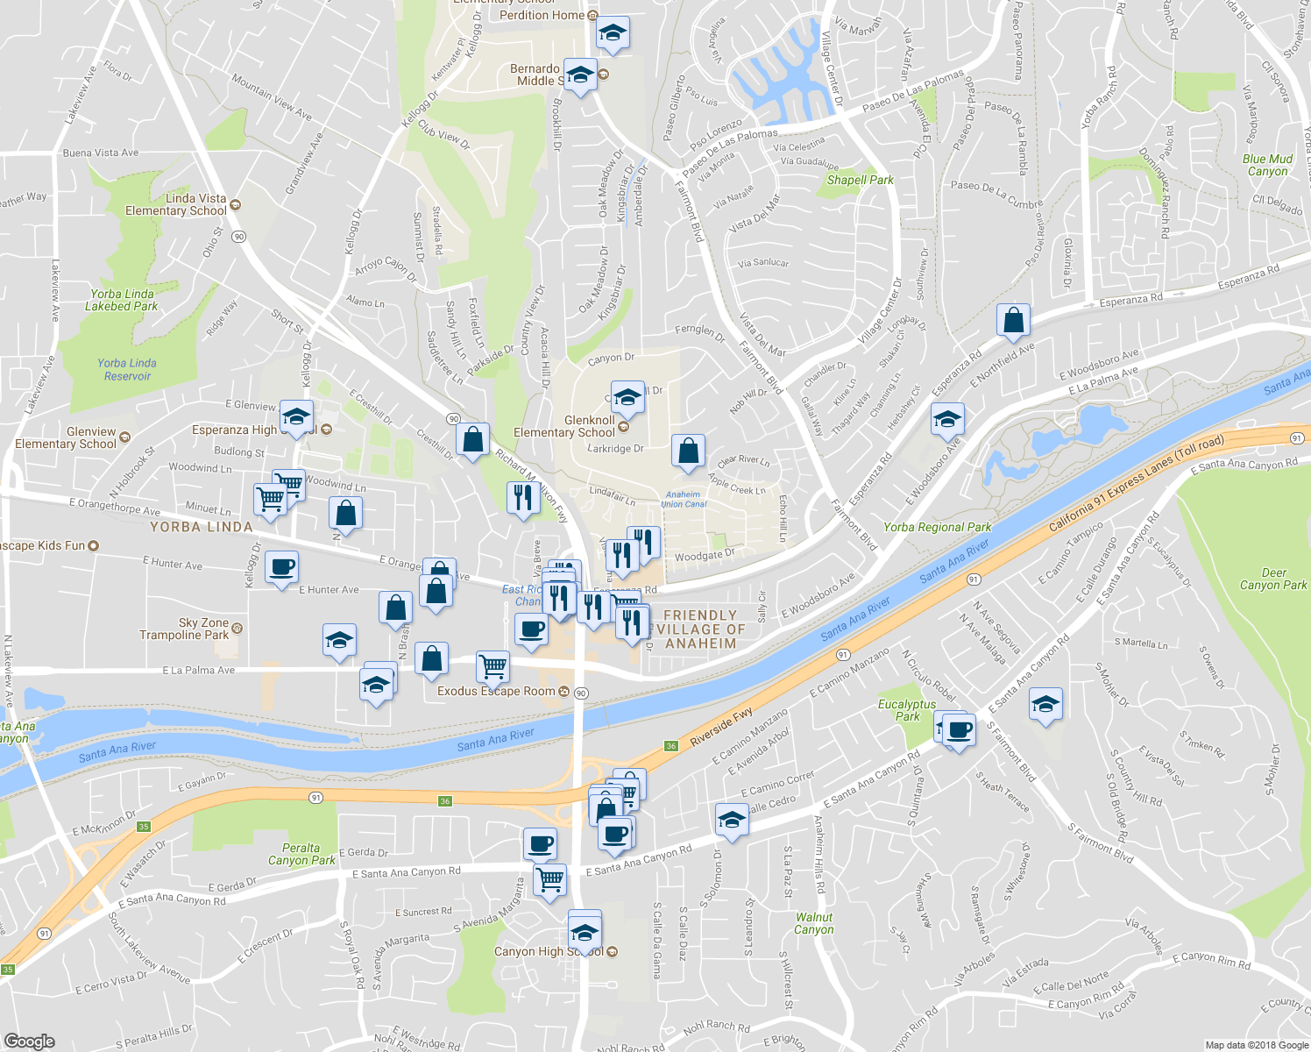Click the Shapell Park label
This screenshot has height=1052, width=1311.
click(x=860, y=180)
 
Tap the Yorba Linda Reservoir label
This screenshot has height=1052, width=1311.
click(x=127, y=369)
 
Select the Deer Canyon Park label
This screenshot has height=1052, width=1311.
click(x=1272, y=579)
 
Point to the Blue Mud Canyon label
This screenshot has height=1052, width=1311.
click(x=1267, y=165)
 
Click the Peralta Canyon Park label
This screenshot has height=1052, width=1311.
click(x=301, y=854)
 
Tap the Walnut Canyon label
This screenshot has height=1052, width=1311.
click(x=814, y=923)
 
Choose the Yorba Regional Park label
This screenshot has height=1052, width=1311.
click(x=937, y=527)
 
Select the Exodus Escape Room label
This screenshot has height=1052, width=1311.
click(x=496, y=691)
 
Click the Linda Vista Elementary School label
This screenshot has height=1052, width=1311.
click(x=176, y=204)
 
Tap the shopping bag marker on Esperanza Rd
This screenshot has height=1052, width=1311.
click(x=1013, y=321)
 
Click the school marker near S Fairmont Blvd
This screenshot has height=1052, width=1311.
click(x=1045, y=705)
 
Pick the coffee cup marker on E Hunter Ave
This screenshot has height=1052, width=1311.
click(x=281, y=568)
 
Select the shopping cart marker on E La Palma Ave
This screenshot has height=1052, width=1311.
click(x=493, y=666)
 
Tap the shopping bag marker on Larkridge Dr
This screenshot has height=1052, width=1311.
click(x=688, y=451)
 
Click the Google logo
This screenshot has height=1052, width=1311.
click(x=29, y=1041)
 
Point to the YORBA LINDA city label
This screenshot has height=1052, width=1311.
click(x=201, y=527)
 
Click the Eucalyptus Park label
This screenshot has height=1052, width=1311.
click(x=907, y=710)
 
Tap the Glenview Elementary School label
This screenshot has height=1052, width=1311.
click(x=66, y=437)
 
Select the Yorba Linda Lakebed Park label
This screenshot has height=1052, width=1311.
click(x=122, y=300)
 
